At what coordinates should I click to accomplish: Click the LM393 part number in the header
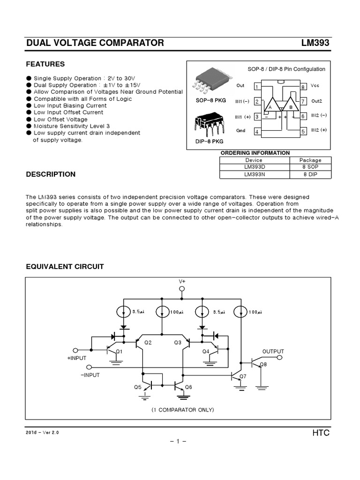(x=315, y=43)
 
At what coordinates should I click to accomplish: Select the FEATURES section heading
(x=45, y=64)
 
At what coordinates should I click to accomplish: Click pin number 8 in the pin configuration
(x=303, y=87)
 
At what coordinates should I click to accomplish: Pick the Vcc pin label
(x=315, y=86)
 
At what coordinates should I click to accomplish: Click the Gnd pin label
(x=240, y=131)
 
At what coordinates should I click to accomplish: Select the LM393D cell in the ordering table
(x=254, y=167)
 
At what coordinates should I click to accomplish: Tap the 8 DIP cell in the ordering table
(x=310, y=174)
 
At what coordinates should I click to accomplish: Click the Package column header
(x=310, y=160)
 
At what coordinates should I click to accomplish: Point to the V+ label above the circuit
(x=182, y=281)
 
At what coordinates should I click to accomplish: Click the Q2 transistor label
(x=148, y=343)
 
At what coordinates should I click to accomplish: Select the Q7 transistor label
(x=242, y=376)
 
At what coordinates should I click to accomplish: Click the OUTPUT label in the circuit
(x=273, y=351)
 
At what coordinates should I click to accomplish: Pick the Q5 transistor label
(x=137, y=387)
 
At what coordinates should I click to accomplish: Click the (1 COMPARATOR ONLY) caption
(x=182, y=410)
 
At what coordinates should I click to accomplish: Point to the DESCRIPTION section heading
(x=51, y=174)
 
